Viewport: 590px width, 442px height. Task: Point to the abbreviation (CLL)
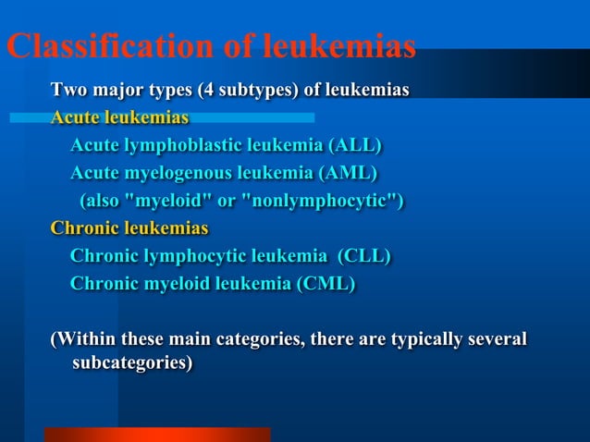(x=363, y=256)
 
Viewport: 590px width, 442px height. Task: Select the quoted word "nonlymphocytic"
(x=322, y=201)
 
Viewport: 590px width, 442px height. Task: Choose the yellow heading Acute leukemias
(x=119, y=118)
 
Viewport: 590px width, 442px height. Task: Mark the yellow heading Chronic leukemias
(x=129, y=228)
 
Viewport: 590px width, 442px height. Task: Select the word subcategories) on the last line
(x=132, y=363)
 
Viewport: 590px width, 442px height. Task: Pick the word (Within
(x=83, y=339)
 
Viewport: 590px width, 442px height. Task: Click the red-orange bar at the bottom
(x=157, y=435)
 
